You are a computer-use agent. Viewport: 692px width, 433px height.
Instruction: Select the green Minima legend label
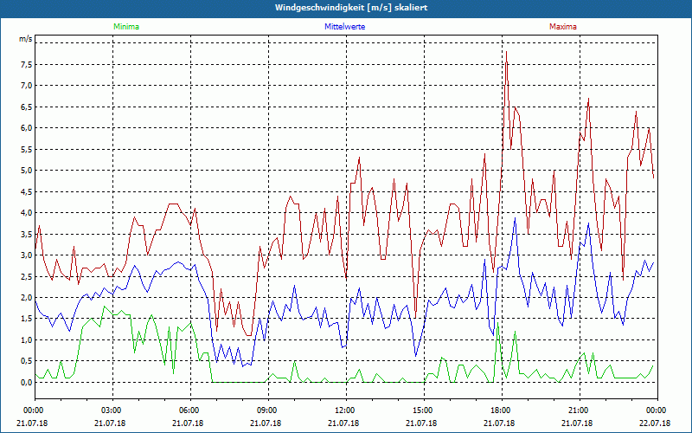tap(125, 27)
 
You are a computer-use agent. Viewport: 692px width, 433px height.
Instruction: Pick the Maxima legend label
tap(562, 27)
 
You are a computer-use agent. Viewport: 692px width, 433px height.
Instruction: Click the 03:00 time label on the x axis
tap(112, 410)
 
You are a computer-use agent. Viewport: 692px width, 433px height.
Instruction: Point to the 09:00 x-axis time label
tap(267, 410)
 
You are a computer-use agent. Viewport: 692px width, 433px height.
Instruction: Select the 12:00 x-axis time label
tap(345, 410)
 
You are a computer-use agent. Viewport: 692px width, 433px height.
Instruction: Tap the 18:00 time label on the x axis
tap(501, 410)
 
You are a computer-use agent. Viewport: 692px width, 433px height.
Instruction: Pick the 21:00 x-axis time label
tap(579, 410)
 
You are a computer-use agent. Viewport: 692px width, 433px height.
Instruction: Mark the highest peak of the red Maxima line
tap(506, 53)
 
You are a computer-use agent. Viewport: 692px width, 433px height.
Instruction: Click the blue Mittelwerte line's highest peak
tap(516, 218)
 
